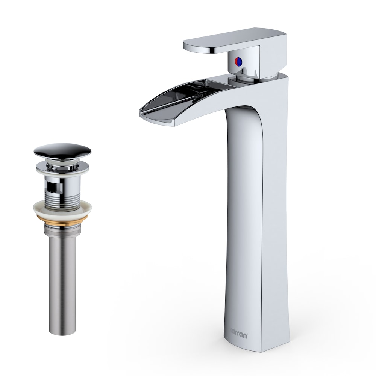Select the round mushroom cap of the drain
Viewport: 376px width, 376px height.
(62, 150)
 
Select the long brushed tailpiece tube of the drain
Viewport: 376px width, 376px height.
(62, 278)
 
